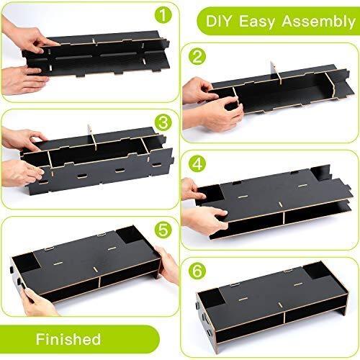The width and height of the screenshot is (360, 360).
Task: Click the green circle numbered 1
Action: click(163, 14)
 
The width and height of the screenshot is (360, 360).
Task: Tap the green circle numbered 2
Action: click(197, 57)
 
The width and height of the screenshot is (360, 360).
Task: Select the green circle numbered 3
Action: click(163, 122)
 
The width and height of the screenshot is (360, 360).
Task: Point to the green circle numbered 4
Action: click(197, 164)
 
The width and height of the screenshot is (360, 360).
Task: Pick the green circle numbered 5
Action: click(163, 230)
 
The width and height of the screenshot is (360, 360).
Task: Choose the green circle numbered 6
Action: click(197, 271)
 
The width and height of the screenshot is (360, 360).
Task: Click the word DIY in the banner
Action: click(220, 21)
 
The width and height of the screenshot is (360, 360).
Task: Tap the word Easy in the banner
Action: click(256, 22)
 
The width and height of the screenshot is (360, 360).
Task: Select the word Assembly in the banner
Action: click(318, 22)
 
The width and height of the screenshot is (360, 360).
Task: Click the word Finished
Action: click(68, 339)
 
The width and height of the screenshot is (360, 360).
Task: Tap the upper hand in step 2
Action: click(200, 90)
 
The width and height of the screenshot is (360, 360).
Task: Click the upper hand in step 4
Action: click(193, 189)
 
